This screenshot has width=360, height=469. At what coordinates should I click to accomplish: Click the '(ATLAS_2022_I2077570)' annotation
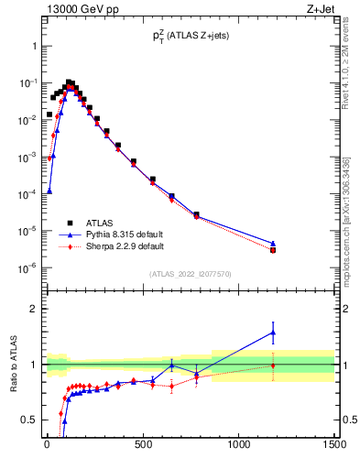point(190,274)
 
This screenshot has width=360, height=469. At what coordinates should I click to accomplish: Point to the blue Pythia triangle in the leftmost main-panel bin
point(49,191)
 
